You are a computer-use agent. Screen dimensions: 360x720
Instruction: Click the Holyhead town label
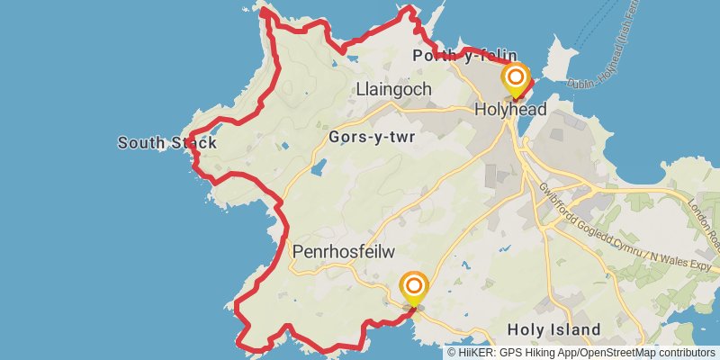[x=510, y=109]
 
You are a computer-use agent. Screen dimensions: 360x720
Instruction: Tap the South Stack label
[x=166, y=142]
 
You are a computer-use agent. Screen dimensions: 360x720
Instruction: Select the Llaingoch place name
[x=394, y=90]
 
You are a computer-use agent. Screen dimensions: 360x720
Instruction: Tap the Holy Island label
[x=553, y=330]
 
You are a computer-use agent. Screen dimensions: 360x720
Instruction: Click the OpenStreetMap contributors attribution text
[x=649, y=353]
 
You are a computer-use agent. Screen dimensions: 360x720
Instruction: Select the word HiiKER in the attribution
[x=475, y=353]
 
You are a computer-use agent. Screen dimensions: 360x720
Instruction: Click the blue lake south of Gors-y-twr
[x=319, y=167]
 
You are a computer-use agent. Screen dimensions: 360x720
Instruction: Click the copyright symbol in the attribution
[x=453, y=353]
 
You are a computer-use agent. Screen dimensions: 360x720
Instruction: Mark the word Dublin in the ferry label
[x=584, y=82]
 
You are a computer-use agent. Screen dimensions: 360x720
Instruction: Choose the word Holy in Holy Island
[x=525, y=330]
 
